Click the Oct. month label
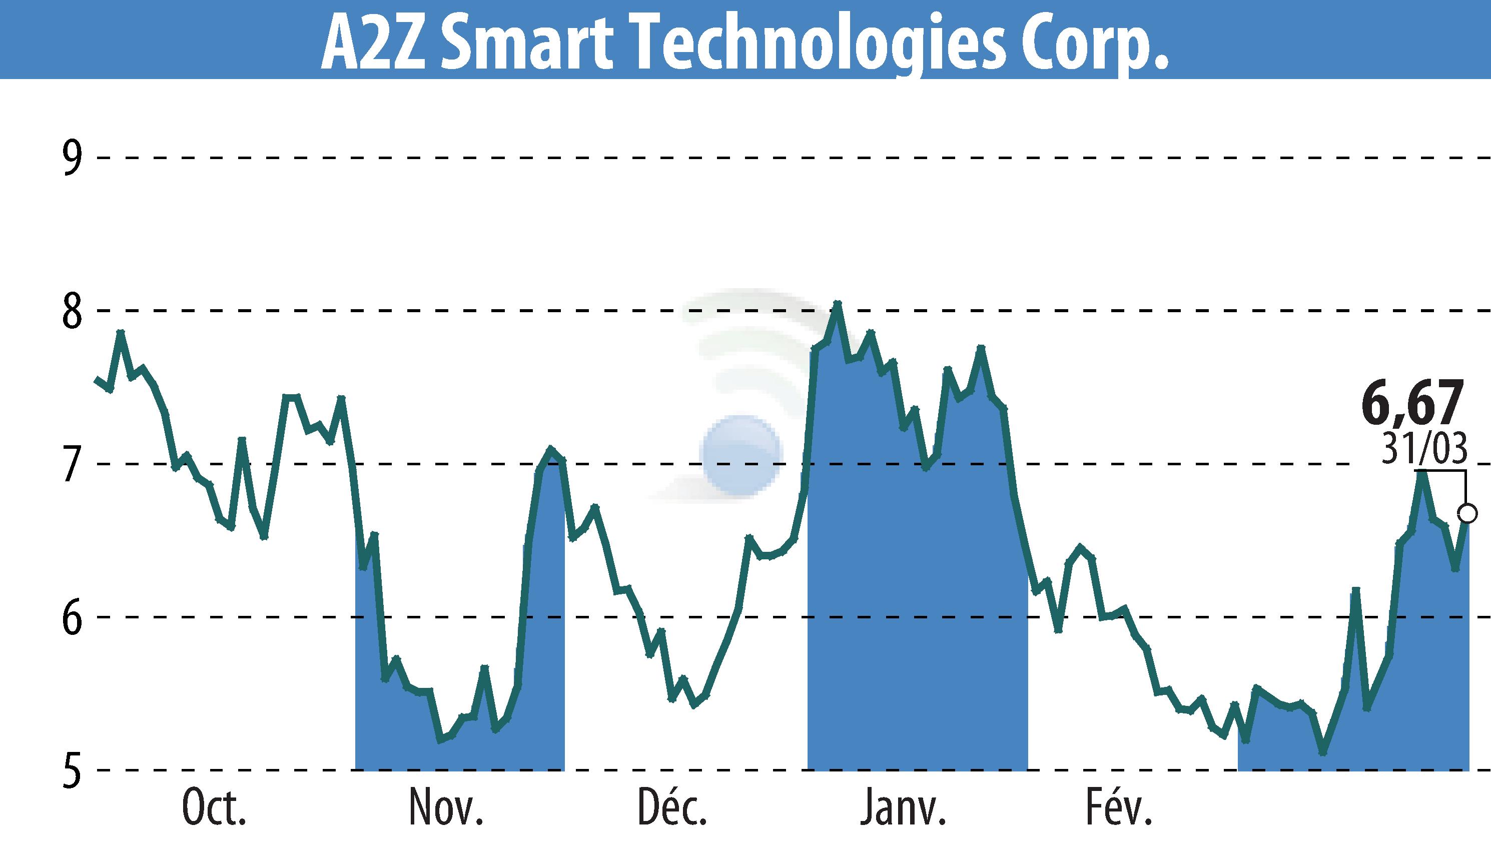tap(214, 808)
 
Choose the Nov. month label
tap(446, 808)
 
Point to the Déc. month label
tap(672, 808)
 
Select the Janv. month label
tap(903, 808)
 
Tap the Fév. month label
tap(1119, 808)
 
